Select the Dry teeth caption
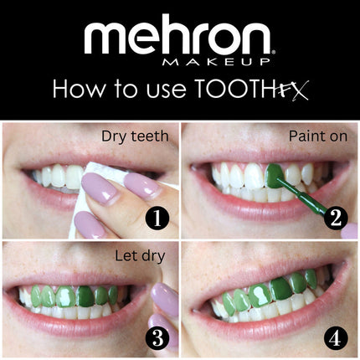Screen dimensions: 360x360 [131, 136]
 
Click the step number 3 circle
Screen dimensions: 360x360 [157, 339]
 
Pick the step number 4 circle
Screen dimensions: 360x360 [335, 339]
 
